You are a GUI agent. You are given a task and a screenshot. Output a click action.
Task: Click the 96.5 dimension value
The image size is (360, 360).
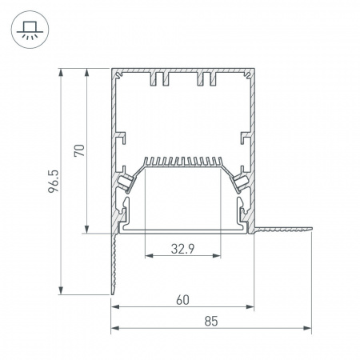(54, 182)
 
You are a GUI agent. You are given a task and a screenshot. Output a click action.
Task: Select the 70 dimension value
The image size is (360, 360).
(79, 150)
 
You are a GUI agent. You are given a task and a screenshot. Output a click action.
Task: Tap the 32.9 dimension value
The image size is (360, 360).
(183, 249)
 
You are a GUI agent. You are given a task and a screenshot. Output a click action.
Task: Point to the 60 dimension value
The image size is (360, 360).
(182, 300)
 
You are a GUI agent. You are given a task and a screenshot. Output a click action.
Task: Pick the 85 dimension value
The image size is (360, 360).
(211, 321)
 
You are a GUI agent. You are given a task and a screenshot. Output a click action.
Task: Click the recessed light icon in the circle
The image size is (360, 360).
(30, 30)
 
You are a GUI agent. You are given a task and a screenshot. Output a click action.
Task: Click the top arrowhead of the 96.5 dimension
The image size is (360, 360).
(61, 72)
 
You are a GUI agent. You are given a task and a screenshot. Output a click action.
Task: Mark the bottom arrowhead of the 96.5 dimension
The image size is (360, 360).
(61, 290)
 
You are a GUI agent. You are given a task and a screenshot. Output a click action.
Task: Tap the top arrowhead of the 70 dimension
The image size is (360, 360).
(86, 72)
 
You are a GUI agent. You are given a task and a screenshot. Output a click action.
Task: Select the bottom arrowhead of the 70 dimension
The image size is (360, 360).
(86, 230)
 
